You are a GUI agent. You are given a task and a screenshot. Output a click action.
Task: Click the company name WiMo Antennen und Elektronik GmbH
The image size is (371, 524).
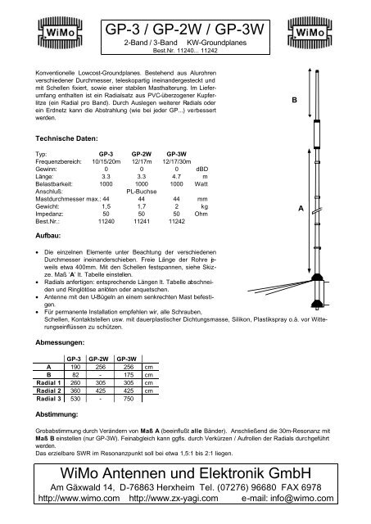coord(185,475)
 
